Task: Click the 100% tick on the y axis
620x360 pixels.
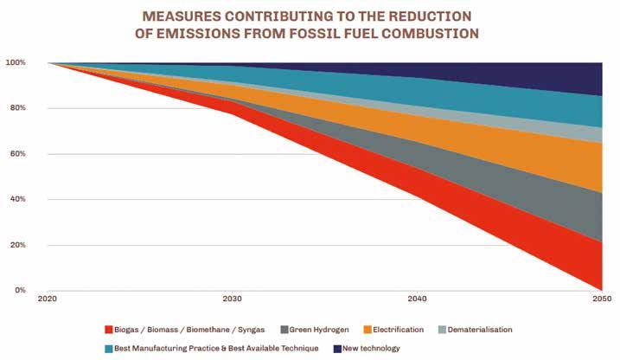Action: pyautogui.click(x=16, y=63)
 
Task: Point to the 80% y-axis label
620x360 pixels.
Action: pyautogui.click(x=18, y=108)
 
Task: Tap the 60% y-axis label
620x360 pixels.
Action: pyautogui.click(x=18, y=154)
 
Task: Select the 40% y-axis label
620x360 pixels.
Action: pyautogui.click(x=18, y=200)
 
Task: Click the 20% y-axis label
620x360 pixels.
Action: pyautogui.click(x=18, y=245)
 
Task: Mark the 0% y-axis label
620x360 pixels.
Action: pyautogui.click(x=21, y=291)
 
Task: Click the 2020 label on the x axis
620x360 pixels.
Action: pyautogui.click(x=49, y=300)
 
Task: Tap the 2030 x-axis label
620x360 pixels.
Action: pyautogui.click(x=233, y=300)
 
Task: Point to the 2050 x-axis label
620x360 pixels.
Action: pyautogui.click(x=601, y=300)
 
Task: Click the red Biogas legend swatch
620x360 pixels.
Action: pyautogui.click(x=108, y=330)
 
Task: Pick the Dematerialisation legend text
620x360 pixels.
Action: pyautogui.click(x=476, y=330)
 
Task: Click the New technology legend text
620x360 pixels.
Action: pyautogui.click(x=368, y=348)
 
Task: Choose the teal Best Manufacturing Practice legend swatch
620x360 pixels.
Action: pyautogui.click(x=108, y=348)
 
